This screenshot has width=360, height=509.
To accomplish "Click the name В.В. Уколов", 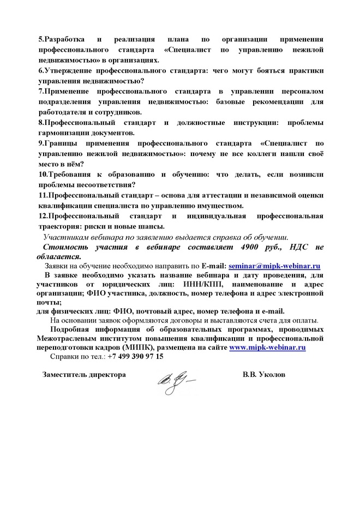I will pyautogui.click(x=264, y=375).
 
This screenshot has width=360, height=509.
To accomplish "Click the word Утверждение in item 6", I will pyautogui.click(x=71, y=71).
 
